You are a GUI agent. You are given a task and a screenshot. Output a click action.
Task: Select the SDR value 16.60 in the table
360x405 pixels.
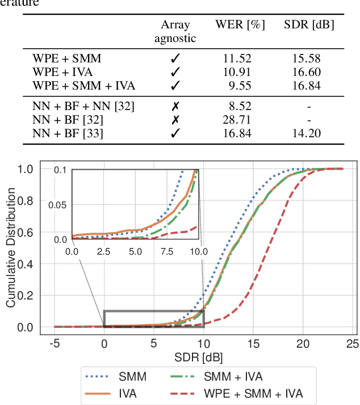(305, 72)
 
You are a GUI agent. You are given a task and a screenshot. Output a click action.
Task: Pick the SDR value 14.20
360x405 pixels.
(305, 133)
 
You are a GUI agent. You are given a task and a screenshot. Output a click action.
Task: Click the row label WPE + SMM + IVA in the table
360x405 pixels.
(84, 86)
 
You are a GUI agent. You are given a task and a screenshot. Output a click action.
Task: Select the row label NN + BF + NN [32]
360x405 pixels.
(83, 106)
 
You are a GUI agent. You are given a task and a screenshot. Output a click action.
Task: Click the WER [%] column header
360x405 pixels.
(240, 25)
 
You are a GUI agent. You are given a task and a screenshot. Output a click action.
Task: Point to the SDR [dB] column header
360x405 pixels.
(309, 25)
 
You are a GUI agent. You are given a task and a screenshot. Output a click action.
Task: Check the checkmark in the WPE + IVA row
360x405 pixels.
(175, 72)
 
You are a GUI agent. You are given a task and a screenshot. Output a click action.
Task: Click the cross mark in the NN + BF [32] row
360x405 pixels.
(175, 120)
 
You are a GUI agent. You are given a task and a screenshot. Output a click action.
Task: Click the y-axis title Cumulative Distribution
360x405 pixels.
(11, 248)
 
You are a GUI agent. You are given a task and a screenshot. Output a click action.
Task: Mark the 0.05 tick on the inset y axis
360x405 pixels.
(59, 204)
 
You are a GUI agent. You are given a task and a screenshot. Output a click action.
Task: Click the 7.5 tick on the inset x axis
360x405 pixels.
(166, 251)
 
